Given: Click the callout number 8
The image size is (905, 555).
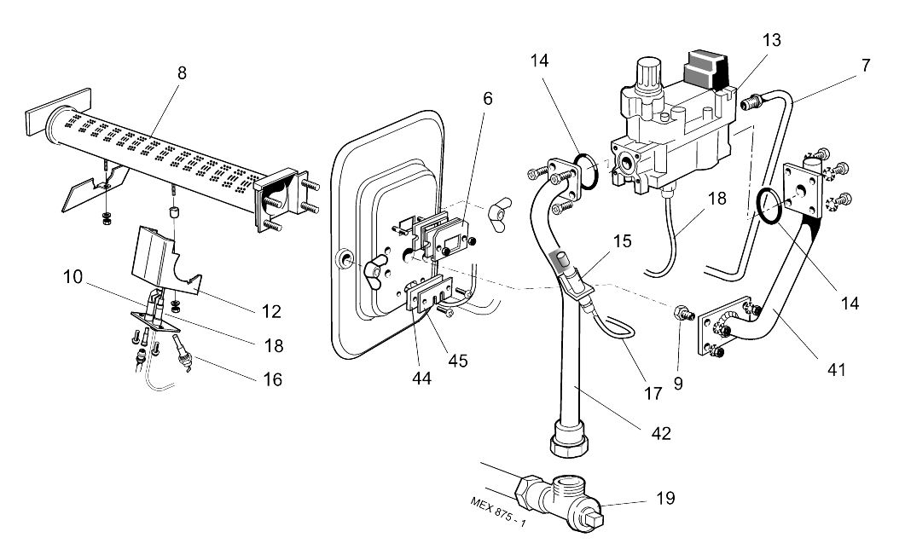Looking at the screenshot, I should click(181, 72).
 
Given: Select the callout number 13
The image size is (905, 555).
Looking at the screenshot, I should click(771, 40).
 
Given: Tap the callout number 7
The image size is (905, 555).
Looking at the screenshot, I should click(865, 65).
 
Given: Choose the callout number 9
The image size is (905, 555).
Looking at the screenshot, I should click(677, 384).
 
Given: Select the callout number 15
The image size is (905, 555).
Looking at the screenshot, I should click(623, 240).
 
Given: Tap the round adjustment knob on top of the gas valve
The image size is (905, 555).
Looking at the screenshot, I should click(650, 69).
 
